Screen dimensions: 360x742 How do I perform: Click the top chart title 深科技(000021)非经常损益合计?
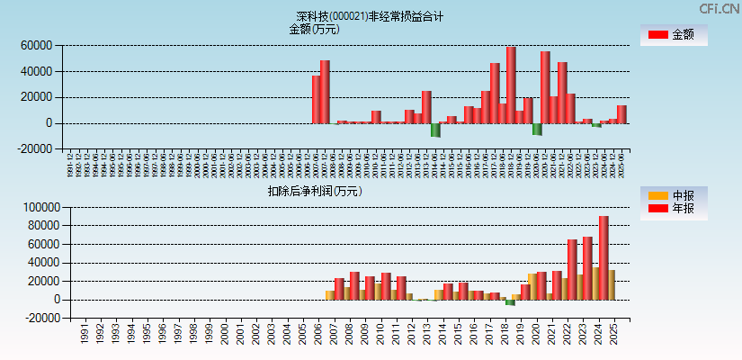tap(370, 16)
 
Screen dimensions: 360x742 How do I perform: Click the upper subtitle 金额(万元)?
tap(314, 29)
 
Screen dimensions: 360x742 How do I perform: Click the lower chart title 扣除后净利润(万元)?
tap(314, 191)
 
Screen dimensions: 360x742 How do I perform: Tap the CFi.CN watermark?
tap(720, 8)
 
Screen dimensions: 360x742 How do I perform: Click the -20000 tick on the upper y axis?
tap(34, 149)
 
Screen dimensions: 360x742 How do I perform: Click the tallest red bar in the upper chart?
tap(511, 85)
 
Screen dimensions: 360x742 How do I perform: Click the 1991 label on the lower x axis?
tap(85, 334)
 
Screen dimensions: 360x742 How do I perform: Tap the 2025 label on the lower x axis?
tap(613, 334)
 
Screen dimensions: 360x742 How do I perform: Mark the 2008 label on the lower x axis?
tap(349, 334)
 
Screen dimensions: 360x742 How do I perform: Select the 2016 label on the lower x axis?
tap(473, 334)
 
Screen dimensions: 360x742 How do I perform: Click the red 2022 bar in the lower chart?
tap(572, 269)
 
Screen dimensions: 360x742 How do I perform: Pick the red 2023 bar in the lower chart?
tap(587, 268)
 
